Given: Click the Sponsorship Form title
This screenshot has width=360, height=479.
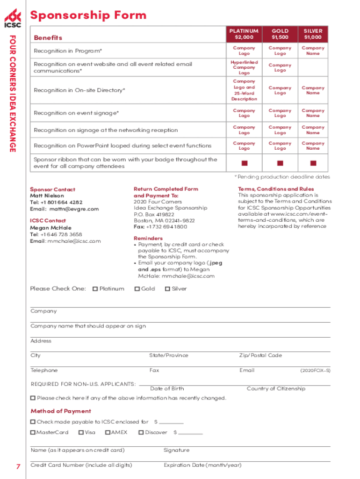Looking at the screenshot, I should [x=88, y=15].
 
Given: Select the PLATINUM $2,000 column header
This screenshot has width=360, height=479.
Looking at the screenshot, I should [x=244, y=34].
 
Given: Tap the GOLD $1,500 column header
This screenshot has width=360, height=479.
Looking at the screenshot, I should [x=280, y=34].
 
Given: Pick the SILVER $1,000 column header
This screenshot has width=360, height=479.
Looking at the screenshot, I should [x=313, y=34].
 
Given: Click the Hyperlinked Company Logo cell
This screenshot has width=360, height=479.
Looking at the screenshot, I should [x=244, y=67].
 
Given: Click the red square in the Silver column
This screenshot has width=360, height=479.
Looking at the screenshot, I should [x=313, y=163].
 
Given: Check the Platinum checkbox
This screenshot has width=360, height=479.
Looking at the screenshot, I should [x=95, y=289].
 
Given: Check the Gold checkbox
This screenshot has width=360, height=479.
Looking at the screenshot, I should [x=137, y=289].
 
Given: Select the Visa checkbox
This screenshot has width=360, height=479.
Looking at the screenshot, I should [x=81, y=433].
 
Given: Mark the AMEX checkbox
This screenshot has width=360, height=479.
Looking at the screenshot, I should [x=108, y=433].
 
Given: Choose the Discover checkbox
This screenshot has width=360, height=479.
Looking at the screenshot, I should [x=141, y=433].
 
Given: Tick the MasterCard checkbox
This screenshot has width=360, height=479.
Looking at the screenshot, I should [x=33, y=433].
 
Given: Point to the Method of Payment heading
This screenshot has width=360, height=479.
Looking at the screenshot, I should [x=61, y=411].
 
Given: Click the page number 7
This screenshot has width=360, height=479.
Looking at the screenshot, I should [x=18, y=467].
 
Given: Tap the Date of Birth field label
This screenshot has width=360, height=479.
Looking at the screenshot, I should [x=167, y=389].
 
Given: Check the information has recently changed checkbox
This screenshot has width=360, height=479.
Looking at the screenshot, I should [x=33, y=398].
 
